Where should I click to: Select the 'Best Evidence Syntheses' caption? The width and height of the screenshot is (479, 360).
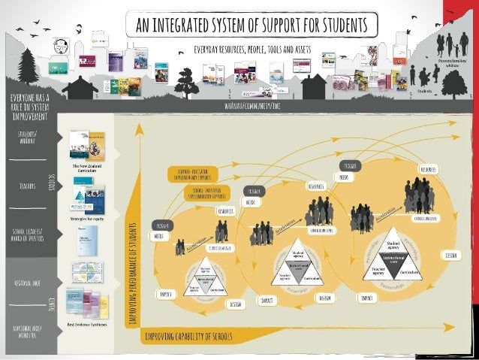click(87, 324)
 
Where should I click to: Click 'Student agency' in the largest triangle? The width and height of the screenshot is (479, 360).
click(393, 247)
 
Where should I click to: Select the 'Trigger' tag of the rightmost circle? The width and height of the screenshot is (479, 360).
click(350, 165)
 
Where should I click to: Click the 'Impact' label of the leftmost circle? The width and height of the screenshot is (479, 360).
click(167, 294)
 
